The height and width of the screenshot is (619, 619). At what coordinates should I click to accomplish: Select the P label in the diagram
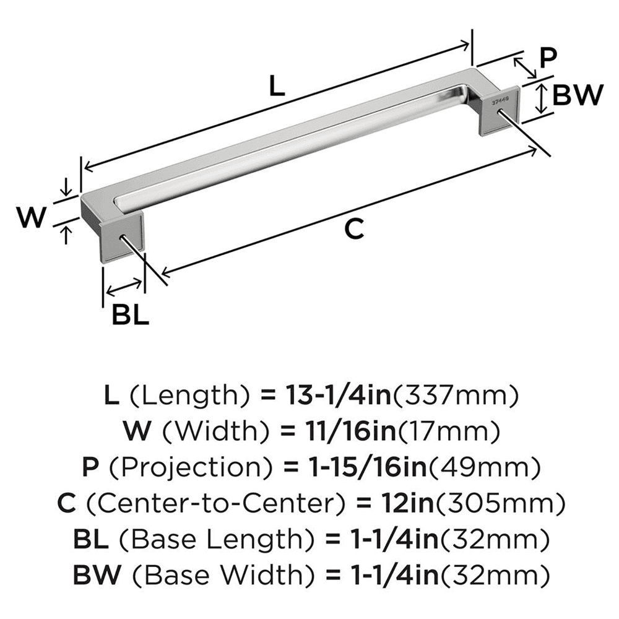[547, 59]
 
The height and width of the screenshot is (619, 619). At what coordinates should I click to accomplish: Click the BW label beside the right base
[576, 96]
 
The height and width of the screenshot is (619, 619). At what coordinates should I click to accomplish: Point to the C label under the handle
[353, 229]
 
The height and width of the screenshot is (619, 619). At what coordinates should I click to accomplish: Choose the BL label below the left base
[130, 316]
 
